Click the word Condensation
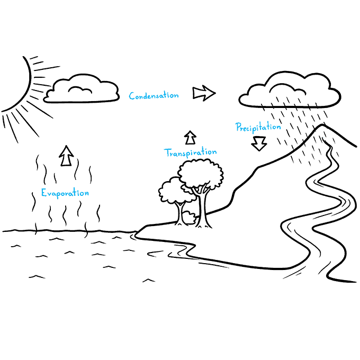point(154,96)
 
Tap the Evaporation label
point(65,193)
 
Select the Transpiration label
point(191,153)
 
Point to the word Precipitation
point(258,127)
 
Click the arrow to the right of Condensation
point(204,94)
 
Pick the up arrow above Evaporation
point(66,156)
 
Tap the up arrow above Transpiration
point(190,138)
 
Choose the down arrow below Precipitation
point(259,143)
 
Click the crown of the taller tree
point(200,173)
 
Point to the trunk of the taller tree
point(201,212)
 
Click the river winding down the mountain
point(318,212)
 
